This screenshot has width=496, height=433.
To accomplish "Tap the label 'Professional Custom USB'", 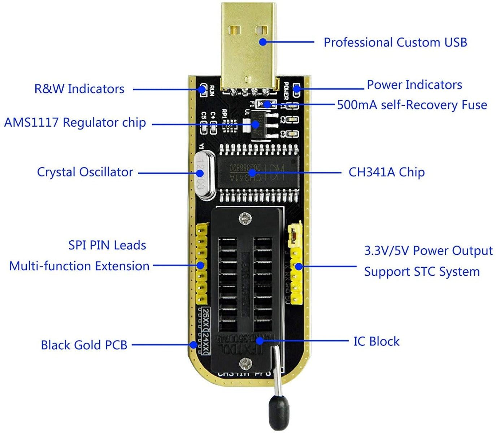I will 395,42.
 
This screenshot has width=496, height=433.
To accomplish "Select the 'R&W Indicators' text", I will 79,89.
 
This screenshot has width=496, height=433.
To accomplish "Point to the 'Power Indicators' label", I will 414,85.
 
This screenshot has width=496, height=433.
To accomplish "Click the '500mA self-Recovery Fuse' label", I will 412,105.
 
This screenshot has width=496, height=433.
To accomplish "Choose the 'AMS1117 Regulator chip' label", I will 75,123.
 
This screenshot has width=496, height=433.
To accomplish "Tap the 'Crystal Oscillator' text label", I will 85,172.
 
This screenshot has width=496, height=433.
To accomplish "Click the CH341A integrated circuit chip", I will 258,172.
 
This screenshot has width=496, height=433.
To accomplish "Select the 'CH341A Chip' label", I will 386,172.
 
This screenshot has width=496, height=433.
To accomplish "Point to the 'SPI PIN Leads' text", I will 107,245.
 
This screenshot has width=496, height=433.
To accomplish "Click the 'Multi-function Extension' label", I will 79,266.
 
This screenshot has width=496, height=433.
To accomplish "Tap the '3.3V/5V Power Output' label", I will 428,251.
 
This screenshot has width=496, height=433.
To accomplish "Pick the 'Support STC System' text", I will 422,272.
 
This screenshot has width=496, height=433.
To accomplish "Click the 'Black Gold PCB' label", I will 84,345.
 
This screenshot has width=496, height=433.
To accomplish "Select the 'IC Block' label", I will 376,341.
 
